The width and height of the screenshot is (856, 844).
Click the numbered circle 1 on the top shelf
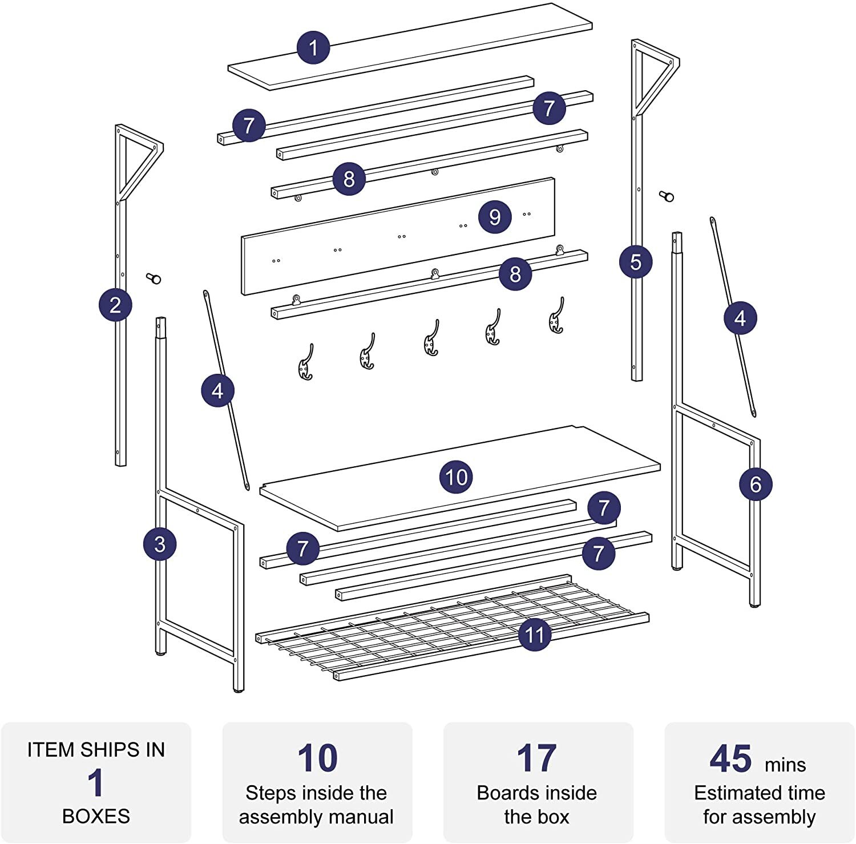click(x=314, y=47)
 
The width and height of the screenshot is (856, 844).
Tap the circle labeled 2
click(x=115, y=305)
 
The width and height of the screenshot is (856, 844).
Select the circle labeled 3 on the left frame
click(x=160, y=544)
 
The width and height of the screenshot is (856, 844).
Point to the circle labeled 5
click(x=636, y=262)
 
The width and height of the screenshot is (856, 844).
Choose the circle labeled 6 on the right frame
click(x=756, y=484)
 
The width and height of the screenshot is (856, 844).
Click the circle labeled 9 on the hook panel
click(x=495, y=217)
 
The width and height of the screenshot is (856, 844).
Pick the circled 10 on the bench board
click(x=456, y=477)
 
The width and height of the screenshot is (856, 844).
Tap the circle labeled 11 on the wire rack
click(x=535, y=635)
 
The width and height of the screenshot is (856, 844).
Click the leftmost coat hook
click(x=306, y=362)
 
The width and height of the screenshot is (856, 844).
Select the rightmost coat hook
click(x=556, y=315)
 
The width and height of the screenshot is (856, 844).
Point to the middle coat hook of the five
click(x=431, y=337)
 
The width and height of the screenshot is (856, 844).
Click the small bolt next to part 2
click(x=154, y=278)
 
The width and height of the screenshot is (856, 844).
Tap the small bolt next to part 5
click(x=667, y=196)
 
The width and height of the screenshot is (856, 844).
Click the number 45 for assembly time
click(x=730, y=758)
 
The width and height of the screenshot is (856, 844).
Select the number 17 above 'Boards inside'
click(x=536, y=758)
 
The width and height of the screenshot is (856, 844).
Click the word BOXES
click(x=96, y=816)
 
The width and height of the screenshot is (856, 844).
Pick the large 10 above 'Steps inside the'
click(x=317, y=758)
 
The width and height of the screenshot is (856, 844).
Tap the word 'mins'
click(x=785, y=765)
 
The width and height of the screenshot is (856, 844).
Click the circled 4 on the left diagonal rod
click(x=217, y=391)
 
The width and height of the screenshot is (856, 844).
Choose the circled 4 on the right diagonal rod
click(x=740, y=318)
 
